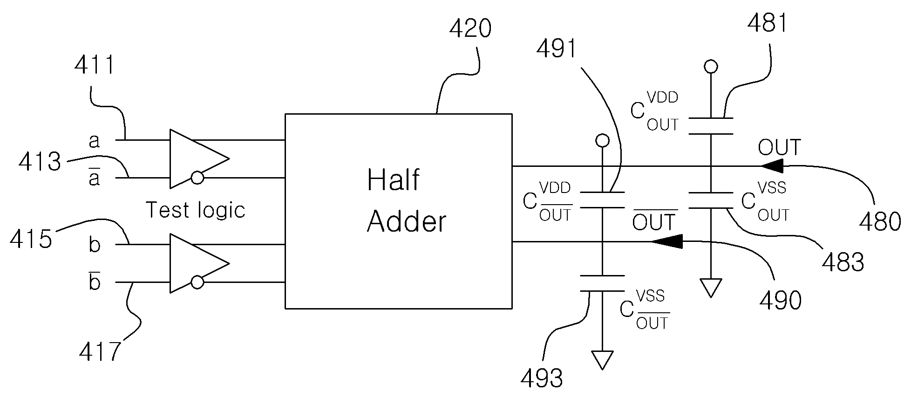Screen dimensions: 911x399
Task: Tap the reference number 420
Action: tap(470, 29)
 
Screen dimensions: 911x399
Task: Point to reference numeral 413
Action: tap(40, 162)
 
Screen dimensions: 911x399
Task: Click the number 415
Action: tap(31, 239)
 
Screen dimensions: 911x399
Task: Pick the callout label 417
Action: tap(100, 351)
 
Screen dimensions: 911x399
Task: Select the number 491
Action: tap(557, 49)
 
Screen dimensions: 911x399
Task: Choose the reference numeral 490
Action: tap(781, 301)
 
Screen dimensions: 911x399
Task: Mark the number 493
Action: tap(542, 378)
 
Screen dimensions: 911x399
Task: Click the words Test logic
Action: tap(196, 210)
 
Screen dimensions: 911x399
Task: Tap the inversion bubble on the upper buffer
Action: tap(197, 178)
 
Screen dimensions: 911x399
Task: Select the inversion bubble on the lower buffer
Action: tap(197, 282)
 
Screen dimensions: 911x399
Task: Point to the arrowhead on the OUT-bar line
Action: tap(667, 241)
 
